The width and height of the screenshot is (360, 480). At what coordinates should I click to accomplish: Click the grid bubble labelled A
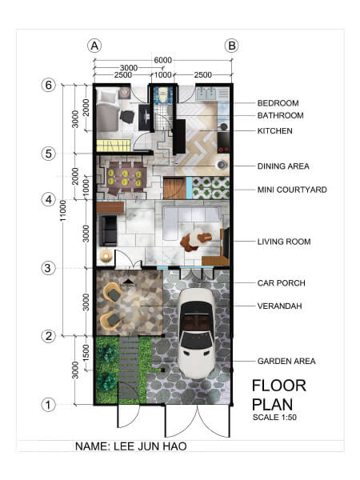pyautogui.click(x=94, y=46)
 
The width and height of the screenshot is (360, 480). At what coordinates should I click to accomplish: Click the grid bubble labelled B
pyautogui.click(x=231, y=46)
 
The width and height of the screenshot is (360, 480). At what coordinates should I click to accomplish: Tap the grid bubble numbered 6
pyautogui.click(x=48, y=85)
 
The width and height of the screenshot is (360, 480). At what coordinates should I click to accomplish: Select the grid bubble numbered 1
pyautogui.click(x=48, y=405)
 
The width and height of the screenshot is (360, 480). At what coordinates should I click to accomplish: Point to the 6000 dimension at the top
pyautogui.click(x=163, y=60)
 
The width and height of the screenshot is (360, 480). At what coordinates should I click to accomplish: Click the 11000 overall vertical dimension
pyautogui.click(x=63, y=210)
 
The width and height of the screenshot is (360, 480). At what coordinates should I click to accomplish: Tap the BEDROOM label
pyautogui.click(x=278, y=103)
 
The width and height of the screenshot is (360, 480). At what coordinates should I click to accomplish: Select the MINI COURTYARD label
pyautogui.click(x=292, y=190)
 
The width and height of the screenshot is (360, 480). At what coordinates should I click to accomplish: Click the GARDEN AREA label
pyautogui.click(x=286, y=362)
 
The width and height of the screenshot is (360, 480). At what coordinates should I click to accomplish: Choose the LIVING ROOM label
pyautogui.click(x=284, y=242)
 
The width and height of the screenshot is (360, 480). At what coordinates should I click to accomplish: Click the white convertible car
pyautogui.click(x=198, y=333)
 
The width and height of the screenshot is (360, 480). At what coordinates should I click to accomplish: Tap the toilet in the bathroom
pyautogui.click(x=163, y=94)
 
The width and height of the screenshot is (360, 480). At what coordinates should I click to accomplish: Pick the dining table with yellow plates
pyautogui.click(x=125, y=178)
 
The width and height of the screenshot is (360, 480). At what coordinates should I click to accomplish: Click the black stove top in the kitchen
pyautogui.click(x=223, y=142)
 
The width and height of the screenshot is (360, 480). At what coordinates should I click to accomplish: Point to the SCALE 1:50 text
pyautogui.click(x=274, y=418)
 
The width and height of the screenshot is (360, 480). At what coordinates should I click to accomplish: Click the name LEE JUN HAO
pyautogui.click(x=150, y=446)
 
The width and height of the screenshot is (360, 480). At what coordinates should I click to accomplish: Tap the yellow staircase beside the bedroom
pyautogui.click(x=114, y=146)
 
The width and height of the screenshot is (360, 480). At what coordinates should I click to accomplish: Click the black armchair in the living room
pyautogui.click(x=108, y=231)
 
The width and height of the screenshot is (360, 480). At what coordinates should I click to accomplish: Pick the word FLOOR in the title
pyautogui.click(x=279, y=386)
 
